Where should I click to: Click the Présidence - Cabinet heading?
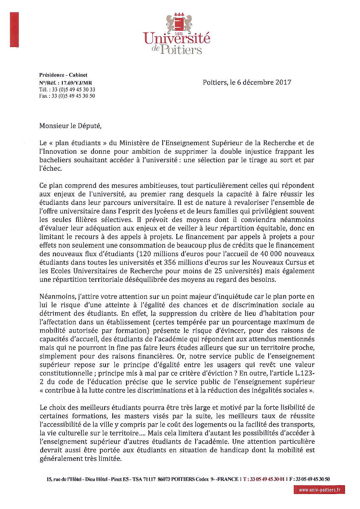pos(63,75)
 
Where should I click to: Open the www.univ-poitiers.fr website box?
pos(319,490)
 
